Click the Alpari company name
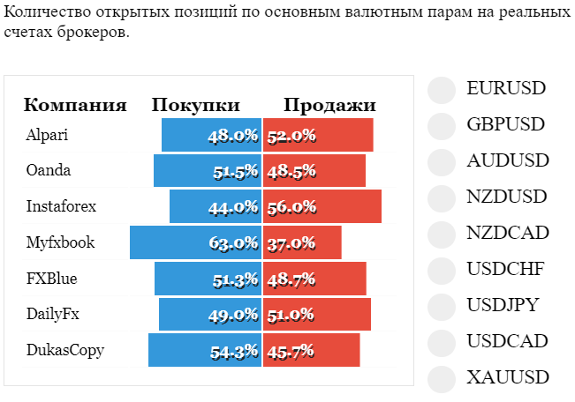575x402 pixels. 47,135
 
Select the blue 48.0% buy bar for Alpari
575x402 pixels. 212,135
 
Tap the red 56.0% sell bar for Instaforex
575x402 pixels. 322,206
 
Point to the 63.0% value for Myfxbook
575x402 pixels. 233,242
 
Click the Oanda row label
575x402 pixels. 49,170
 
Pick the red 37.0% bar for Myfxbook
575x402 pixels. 302,242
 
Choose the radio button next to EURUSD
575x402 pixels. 442,90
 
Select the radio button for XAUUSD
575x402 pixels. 442,379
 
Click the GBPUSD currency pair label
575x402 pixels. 506,124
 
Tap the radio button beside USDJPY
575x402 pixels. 442,307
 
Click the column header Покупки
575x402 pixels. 196,105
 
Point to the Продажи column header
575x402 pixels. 329,105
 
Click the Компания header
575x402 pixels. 75,105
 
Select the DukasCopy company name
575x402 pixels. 65,350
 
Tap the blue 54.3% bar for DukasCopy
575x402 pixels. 205,350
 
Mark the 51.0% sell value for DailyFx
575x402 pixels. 291,315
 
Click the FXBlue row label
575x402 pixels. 52,279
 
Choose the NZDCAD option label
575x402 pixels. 508,233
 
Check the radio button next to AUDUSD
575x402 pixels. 442,162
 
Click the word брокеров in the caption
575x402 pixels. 93,32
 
